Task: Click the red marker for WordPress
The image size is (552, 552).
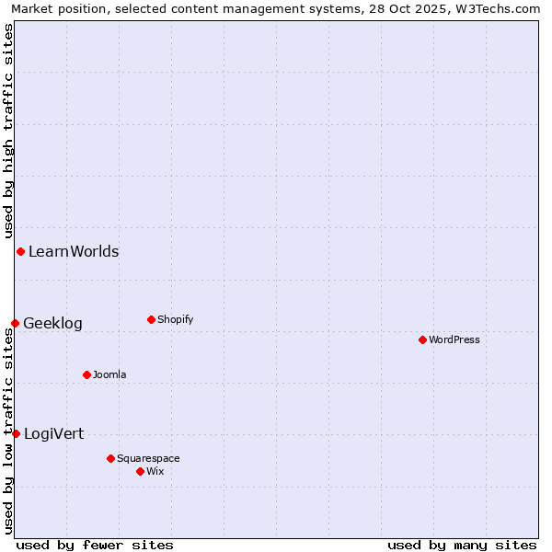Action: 422,339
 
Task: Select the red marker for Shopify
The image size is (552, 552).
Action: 151,319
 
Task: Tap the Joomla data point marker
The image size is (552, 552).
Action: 86,374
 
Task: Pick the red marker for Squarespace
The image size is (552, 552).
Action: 110,458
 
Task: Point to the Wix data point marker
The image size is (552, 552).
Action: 140,471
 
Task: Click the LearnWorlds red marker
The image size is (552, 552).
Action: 20,251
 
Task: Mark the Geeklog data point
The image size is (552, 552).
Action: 15,323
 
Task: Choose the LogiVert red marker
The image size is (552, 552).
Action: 16,433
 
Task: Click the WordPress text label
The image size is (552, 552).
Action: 454,339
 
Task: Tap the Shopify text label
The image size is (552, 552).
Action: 175,319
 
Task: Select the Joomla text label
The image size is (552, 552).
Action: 109,374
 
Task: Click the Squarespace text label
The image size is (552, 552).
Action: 148,458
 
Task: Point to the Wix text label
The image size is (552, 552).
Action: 155,471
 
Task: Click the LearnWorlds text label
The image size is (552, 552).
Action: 74,251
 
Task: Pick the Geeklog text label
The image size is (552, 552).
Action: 52,323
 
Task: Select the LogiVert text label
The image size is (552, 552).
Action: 53,433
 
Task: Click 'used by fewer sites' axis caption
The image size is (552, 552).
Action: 95,545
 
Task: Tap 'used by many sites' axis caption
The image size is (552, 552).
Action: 462,545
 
